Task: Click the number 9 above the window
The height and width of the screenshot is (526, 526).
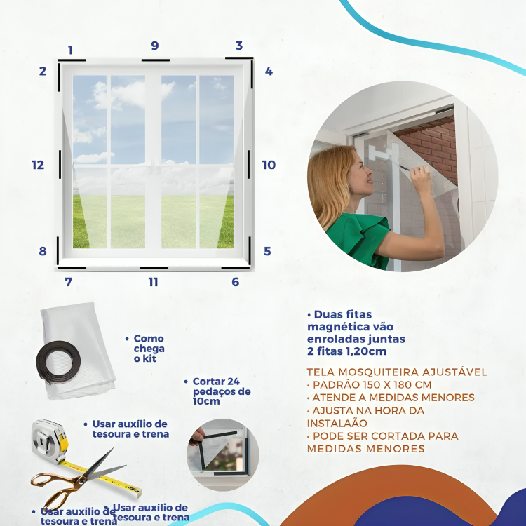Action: (155, 46)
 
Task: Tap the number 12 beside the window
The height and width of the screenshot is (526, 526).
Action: (38, 165)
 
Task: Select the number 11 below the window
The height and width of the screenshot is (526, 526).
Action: (154, 282)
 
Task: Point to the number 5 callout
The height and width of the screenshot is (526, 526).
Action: (267, 251)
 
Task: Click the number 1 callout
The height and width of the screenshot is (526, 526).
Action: (70, 50)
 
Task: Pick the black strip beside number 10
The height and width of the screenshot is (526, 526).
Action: (248, 164)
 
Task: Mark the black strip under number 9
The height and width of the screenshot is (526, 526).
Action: (155, 60)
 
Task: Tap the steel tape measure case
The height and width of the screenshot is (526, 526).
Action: (49, 440)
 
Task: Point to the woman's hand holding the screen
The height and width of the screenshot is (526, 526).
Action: (421, 175)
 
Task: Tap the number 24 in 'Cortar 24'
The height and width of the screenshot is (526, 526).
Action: (233, 382)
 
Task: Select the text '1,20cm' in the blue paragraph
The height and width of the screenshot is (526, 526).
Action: (366, 351)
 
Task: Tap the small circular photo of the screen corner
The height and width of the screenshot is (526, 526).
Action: (223, 454)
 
